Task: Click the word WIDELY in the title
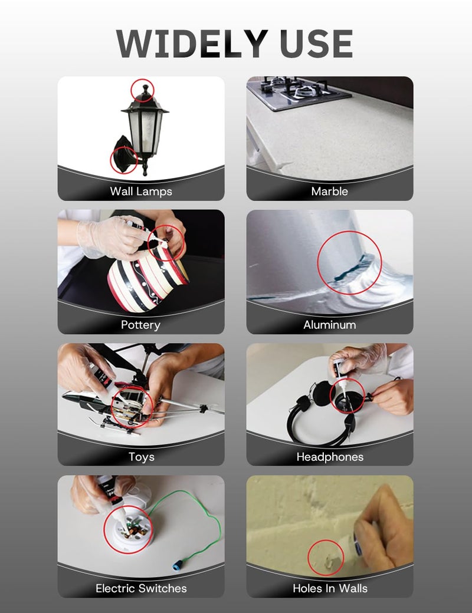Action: pyautogui.click(x=192, y=44)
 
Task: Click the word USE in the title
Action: pyautogui.click(x=317, y=44)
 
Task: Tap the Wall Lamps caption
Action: pyautogui.click(x=141, y=192)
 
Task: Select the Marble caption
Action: pyautogui.click(x=330, y=191)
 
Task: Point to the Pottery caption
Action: pyautogui.click(x=140, y=325)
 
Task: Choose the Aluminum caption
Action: pyautogui.click(x=330, y=325)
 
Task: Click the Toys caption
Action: pyautogui.click(x=141, y=457)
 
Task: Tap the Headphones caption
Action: pyautogui.click(x=330, y=457)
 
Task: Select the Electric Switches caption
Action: pyautogui.click(x=141, y=588)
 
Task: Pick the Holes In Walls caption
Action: pyautogui.click(x=330, y=588)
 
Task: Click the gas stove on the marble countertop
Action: pyautogui.click(x=299, y=93)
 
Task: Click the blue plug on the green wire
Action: pyautogui.click(x=178, y=566)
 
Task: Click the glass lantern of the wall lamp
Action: pyautogui.click(x=145, y=127)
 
